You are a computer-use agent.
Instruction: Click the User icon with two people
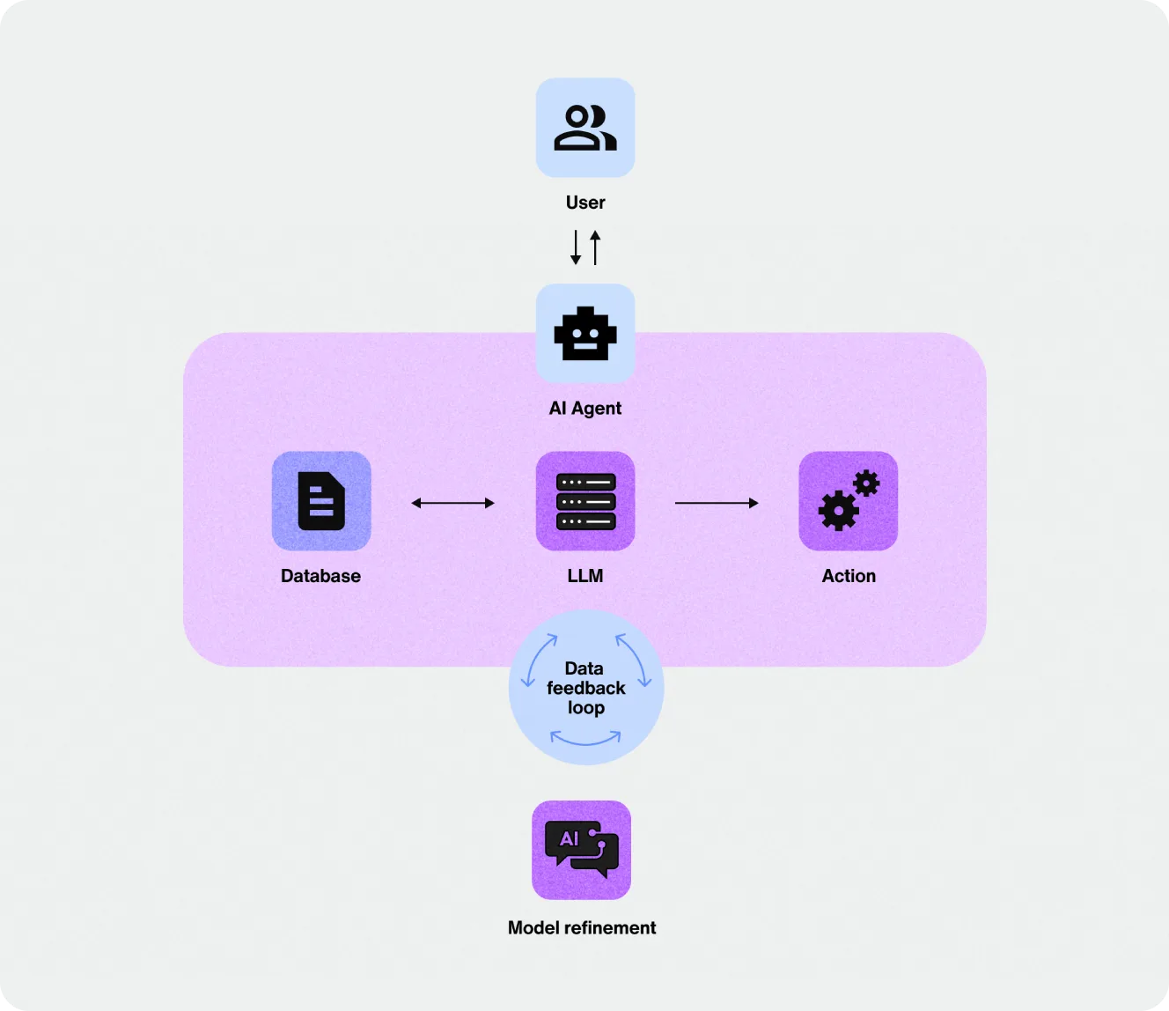[x=585, y=128]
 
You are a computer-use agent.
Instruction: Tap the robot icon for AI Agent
[x=585, y=333]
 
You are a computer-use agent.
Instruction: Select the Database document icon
[x=321, y=501]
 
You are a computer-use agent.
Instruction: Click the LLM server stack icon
[x=585, y=501]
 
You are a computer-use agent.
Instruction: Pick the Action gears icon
[x=849, y=500]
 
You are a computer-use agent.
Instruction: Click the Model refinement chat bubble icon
[x=581, y=850]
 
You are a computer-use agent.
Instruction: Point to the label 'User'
[x=585, y=203]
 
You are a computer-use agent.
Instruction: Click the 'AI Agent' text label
[x=584, y=408]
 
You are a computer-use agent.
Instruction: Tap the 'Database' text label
[x=320, y=576]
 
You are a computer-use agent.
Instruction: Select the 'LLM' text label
[x=585, y=576]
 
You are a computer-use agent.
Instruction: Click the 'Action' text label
[x=849, y=576]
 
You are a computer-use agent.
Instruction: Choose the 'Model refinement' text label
[x=581, y=928]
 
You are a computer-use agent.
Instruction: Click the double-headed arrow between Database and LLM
[x=453, y=503]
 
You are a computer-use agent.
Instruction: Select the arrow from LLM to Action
[x=717, y=503]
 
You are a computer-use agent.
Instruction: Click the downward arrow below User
[x=576, y=247]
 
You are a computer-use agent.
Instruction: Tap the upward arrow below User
[x=595, y=247]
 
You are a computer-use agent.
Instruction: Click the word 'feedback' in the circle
[x=586, y=688]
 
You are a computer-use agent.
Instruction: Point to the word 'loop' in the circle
[x=586, y=708]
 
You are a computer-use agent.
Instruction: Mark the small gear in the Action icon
[x=866, y=483]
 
